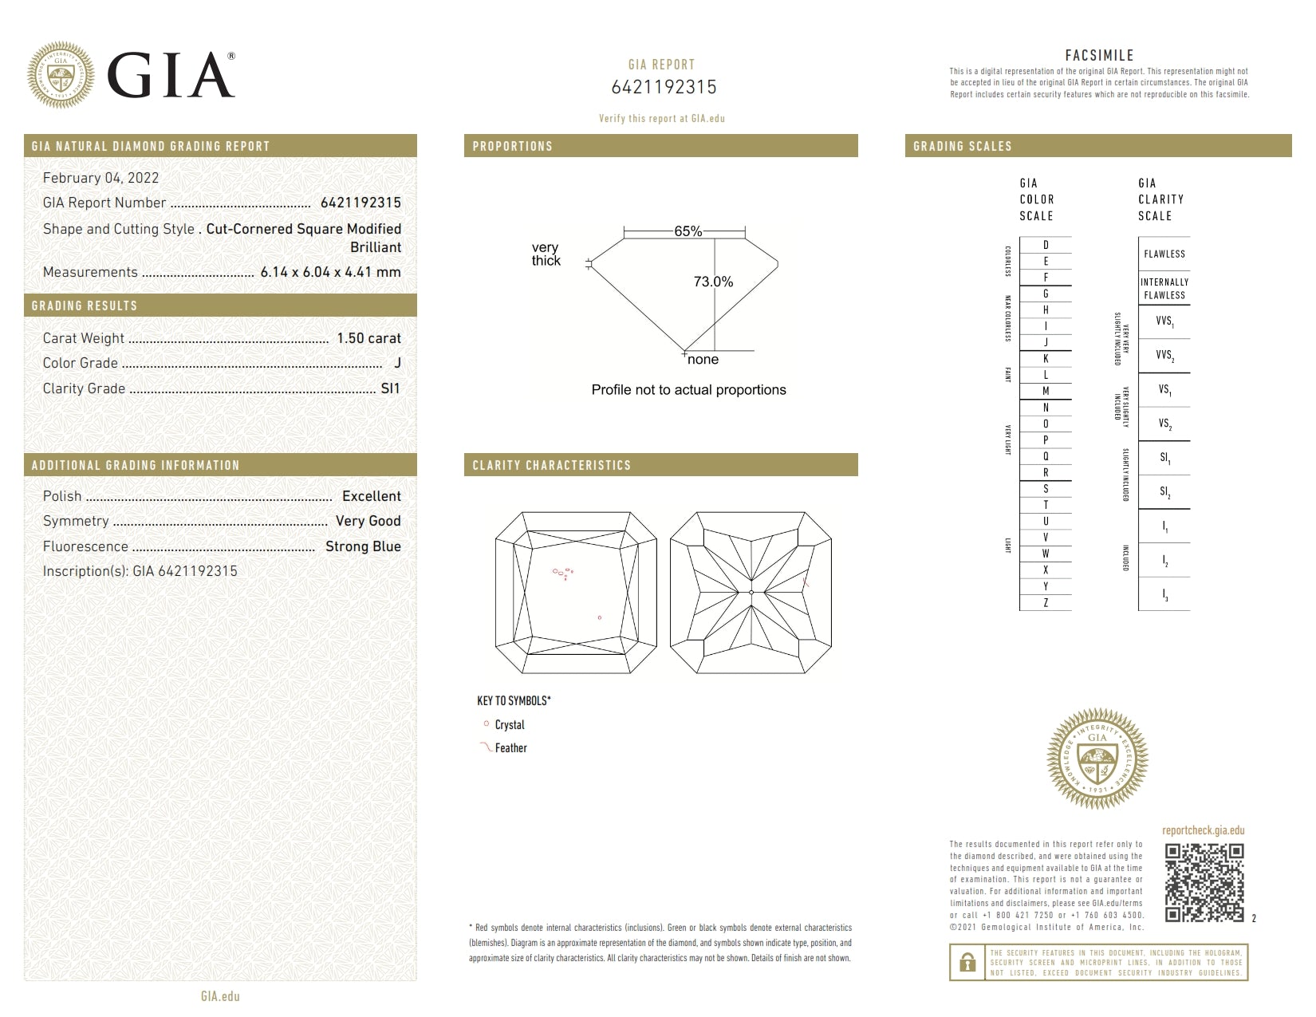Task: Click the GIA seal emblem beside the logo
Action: [61, 75]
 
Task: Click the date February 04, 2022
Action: [100, 178]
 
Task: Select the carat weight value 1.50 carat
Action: [368, 338]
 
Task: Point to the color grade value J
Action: [397, 363]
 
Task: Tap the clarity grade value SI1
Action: [390, 388]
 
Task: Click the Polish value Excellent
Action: [371, 496]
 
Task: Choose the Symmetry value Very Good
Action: [368, 521]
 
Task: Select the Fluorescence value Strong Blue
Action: [363, 546]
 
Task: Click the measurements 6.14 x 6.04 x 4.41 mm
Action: [330, 272]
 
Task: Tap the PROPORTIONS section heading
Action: [512, 146]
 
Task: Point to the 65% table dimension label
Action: [688, 231]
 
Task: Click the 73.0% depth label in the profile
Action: [713, 282]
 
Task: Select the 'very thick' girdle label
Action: [546, 254]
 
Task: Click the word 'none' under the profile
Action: [703, 360]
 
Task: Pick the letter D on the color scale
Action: [1046, 245]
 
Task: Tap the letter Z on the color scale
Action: [1046, 603]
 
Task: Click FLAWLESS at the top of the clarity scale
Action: [1164, 254]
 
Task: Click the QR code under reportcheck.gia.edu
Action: [1204, 882]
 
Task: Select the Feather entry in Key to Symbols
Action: [510, 748]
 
